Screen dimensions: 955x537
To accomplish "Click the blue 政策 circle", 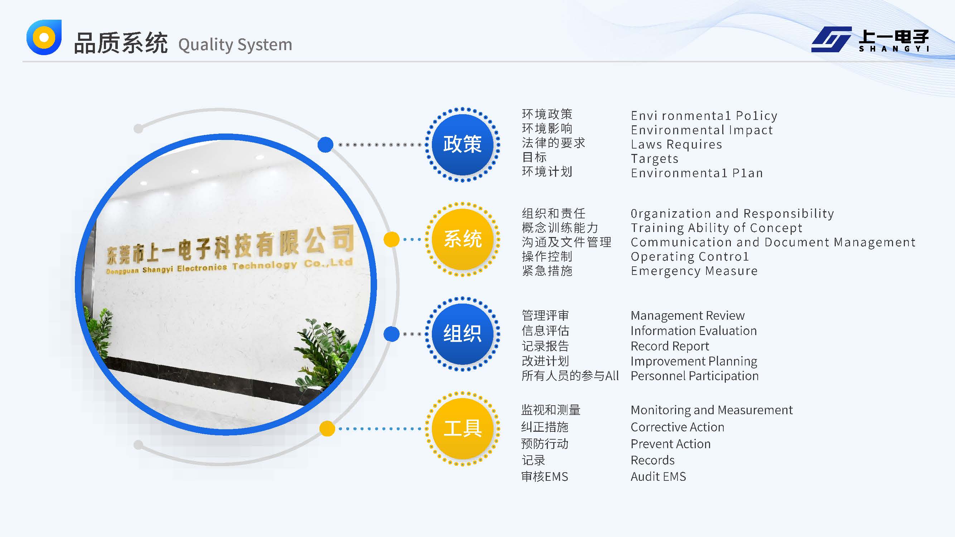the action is pos(462,145).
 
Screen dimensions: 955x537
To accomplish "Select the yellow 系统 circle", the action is pos(462,240).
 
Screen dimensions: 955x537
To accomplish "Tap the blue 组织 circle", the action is pos(462,334).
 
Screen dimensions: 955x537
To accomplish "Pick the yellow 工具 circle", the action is pos(462,429).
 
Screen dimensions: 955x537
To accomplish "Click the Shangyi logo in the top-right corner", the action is pos(870,39).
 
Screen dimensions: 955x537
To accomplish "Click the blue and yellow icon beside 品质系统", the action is pos(44,37).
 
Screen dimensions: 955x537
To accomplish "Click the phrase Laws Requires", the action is pos(676,144).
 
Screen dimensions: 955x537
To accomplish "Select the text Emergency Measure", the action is pos(694,271).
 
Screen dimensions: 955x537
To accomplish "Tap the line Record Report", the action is pos(670,346).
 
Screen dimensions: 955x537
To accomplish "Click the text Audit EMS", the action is pos(659,476).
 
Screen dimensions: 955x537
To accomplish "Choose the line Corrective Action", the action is pos(677,427).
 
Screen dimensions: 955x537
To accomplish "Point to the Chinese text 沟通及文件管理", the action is pos(566,242).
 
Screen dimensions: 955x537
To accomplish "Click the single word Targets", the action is pos(655,159).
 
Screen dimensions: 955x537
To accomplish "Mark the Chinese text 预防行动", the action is pos(545,444).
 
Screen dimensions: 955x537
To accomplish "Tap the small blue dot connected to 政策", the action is pos(325,145).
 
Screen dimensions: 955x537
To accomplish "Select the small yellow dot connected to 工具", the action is pos(327,429).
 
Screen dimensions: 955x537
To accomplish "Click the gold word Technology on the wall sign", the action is pos(265,265).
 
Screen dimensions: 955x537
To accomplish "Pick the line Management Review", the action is pos(688,316).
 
